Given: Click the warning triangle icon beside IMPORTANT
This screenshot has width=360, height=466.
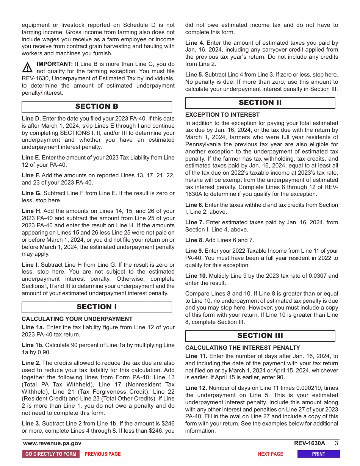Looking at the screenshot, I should [x=27, y=67].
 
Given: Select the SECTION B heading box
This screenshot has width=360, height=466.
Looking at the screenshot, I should [x=97, y=106].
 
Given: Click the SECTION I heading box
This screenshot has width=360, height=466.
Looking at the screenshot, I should [x=97, y=307].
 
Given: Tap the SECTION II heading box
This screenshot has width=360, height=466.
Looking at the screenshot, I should [x=260, y=103].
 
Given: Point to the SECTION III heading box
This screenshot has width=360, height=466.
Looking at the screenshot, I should [x=260, y=336].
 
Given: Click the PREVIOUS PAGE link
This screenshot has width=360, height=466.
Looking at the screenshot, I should [x=103, y=454].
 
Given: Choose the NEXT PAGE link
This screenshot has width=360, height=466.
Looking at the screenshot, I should [x=270, y=454].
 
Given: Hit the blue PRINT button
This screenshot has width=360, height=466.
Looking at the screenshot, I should [x=318, y=454].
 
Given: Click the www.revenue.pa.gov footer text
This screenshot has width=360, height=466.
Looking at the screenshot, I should [x=52, y=443].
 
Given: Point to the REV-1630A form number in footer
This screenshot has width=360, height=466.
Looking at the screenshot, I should [x=309, y=443].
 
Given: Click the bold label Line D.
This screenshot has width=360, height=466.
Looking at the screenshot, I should [x=31, y=119].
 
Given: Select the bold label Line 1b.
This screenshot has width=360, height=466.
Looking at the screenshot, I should [x=33, y=345].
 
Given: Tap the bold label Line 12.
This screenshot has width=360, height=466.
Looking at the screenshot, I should [x=196, y=388].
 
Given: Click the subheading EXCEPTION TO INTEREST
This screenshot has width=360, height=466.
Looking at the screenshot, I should [x=222, y=115].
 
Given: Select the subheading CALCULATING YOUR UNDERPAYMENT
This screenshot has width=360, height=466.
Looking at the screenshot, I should [x=77, y=319].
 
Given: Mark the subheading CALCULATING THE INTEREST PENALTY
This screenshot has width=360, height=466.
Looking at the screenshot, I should [x=243, y=348].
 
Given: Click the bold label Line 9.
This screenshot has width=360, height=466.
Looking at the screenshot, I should [x=194, y=251].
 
